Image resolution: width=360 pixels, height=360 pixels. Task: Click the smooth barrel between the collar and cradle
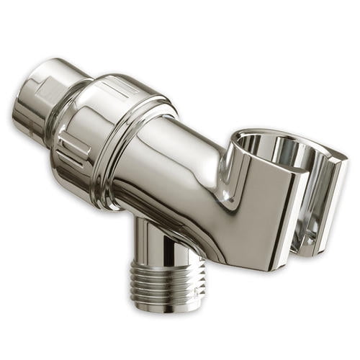click(180, 155)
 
